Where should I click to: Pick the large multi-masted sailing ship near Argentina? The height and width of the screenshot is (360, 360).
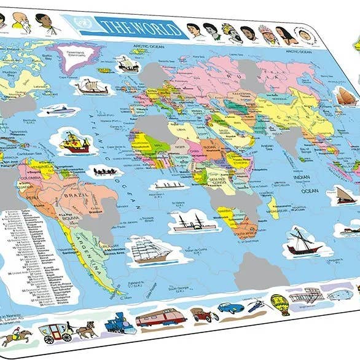point(150,249)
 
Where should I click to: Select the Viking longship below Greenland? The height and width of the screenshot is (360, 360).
point(93,87)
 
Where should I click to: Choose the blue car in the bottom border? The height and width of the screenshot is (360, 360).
point(230,308)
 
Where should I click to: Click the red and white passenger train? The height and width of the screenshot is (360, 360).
point(160,318)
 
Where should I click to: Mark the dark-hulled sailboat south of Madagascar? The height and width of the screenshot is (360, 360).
point(303,241)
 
